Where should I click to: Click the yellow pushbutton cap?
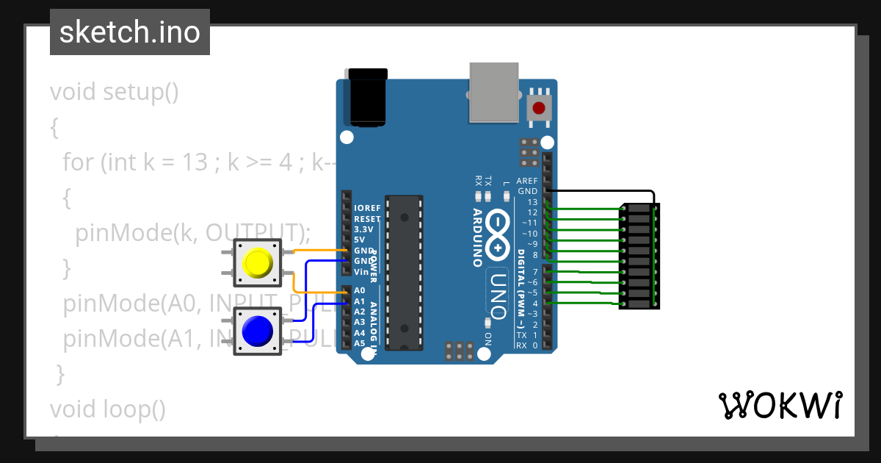[258, 262]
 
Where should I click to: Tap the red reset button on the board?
[539, 109]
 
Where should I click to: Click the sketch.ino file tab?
[130, 32]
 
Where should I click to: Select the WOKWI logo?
[780, 405]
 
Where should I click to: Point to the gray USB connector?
[493, 92]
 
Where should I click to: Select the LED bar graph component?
[639, 256]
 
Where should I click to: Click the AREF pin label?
[527, 181]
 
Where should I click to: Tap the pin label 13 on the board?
[532, 202]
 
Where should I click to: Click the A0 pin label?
[359, 290]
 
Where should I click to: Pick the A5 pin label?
[359, 343]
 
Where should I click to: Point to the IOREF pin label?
[367, 209]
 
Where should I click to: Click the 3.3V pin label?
[363, 229]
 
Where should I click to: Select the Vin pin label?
[361, 272]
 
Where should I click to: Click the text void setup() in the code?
[114, 93]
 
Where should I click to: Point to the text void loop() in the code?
[107, 408]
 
